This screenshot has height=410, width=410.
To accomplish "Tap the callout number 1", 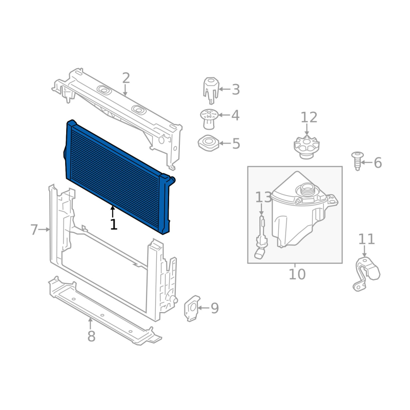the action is tap(113, 224).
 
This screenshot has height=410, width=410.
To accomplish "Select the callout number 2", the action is tap(126, 78).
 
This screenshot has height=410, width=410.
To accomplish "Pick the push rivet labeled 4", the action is tap(209, 119).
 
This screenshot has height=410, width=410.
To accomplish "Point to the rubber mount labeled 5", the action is tap(209, 143).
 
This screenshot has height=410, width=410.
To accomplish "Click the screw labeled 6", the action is tap(357, 160).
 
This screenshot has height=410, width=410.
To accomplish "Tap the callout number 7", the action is tap(34, 230).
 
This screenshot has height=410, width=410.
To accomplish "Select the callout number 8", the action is tap(91, 336).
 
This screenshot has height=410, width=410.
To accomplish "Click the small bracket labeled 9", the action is tap(192, 309).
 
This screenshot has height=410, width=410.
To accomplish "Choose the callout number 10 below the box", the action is tap(297, 274).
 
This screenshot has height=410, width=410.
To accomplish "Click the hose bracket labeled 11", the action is tap(366, 274).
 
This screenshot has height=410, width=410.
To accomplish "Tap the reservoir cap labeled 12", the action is tap(306, 147).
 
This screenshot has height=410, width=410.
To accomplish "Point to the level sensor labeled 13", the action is tap(261, 237).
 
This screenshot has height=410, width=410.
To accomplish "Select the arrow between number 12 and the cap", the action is tap(306, 130).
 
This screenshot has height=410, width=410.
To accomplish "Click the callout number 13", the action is tap(263, 197).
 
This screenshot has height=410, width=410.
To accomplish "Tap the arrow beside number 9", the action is tap(203, 308).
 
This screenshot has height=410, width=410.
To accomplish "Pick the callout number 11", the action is tap(366, 239).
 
